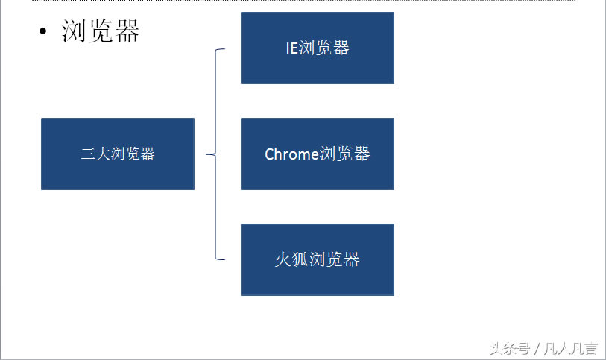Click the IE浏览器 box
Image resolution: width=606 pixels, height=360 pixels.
(317, 48)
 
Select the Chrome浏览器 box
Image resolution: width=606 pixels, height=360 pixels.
(317, 154)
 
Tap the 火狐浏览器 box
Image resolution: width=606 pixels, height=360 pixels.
(317, 259)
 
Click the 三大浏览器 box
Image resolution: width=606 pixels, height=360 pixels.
(117, 154)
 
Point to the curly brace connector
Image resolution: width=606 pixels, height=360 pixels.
(216, 104)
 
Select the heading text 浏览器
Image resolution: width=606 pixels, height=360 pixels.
(101, 31)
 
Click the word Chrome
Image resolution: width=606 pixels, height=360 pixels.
(291, 154)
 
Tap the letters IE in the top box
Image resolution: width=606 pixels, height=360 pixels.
(291, 48)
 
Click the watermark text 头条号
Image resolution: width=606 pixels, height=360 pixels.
(508, 348)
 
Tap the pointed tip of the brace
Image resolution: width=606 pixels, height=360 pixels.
(207, 154)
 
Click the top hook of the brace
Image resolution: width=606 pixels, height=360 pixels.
(221, 50)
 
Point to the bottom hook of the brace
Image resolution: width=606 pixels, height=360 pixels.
(221, 259)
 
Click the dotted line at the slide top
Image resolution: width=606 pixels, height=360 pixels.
(298, 1)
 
